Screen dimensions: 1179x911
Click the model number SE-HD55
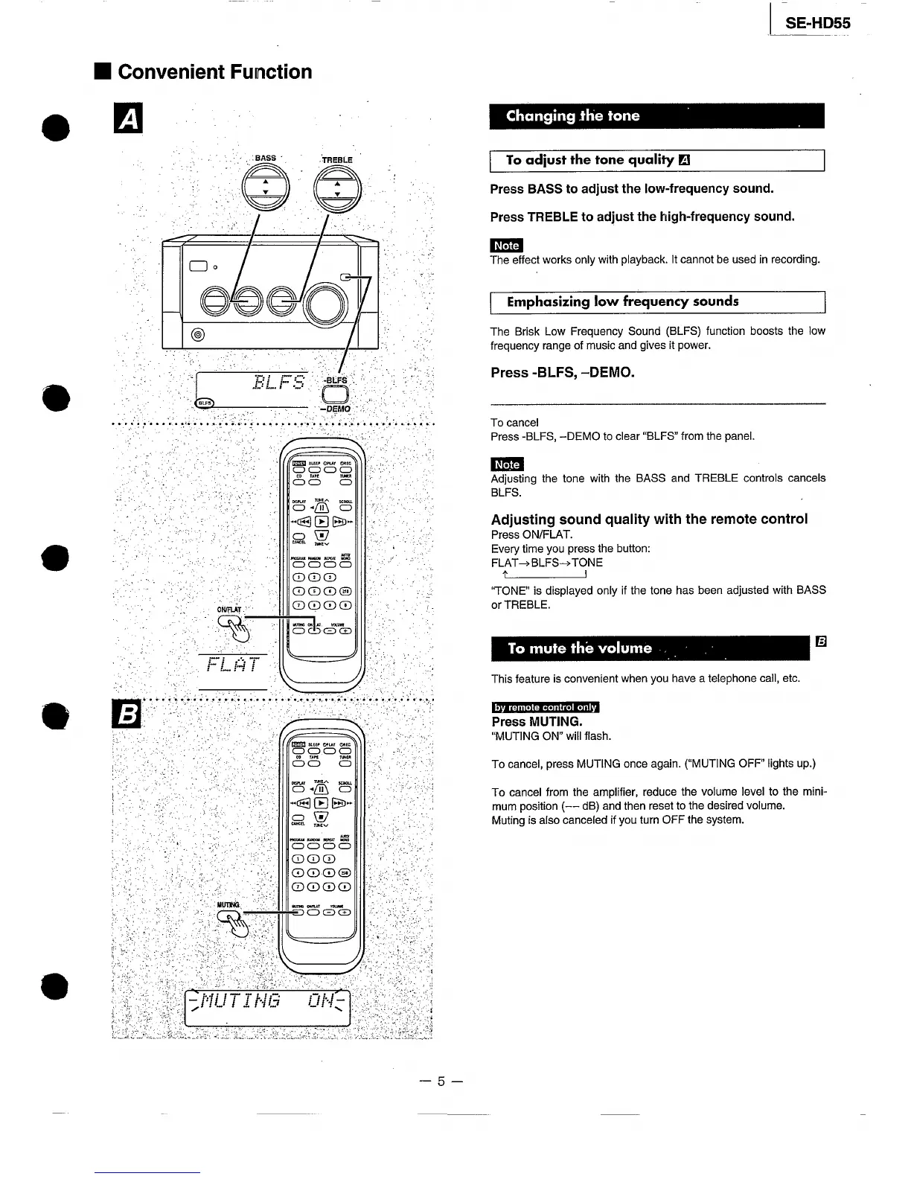click(817, 23)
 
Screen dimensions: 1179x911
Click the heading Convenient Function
click(214, 72)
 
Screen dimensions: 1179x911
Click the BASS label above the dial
click(265, 158)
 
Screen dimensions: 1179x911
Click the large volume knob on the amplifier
click(322, 304)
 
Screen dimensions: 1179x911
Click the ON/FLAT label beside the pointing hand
click(229, 610)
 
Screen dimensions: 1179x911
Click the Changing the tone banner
click(656, 116)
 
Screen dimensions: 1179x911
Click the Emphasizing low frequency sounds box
click(658, 302)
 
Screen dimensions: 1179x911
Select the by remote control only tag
click(546, 707)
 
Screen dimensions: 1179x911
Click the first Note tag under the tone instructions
click(506, 246)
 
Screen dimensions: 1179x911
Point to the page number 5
click(441, 1081)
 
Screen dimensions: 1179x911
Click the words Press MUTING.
click(537, 722)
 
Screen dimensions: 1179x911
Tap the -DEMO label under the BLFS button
click(335, 409)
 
